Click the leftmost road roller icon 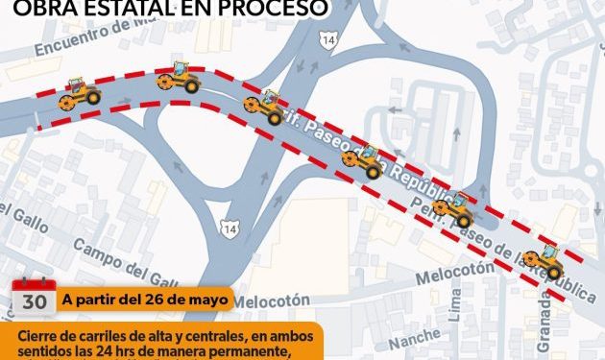click(80, 93)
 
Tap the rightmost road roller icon click(546, 261)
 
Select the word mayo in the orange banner click(206, 299)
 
